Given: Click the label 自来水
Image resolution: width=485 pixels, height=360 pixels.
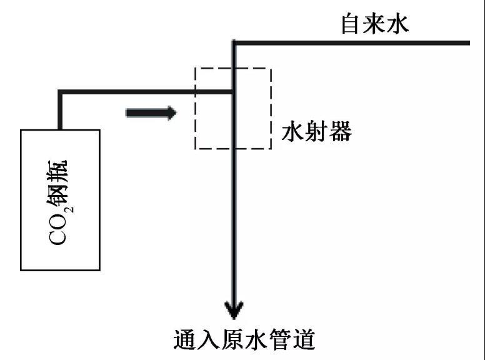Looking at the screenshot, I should (x=374, y=23).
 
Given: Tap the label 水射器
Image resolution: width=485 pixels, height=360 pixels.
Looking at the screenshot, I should (x=316, y=132).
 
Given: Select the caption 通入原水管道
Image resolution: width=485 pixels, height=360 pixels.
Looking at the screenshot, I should (x=244, y=341).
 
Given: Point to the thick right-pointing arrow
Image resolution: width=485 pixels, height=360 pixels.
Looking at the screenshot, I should (x=151, y=113).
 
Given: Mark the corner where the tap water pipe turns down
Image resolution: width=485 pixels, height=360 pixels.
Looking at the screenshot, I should (x=234, y=43).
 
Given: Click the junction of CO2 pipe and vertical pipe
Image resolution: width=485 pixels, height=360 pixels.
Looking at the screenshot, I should (x=233, y=92).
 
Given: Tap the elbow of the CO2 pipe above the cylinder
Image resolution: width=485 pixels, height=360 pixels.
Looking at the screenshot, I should (x=59, y=92).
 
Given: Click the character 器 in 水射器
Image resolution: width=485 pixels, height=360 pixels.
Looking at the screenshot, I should (x=341, y=132).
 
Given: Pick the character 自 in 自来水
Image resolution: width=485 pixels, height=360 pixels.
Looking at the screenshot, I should (x=349, y=23).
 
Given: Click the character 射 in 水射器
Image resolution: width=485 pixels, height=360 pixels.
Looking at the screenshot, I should (x=316, y=132).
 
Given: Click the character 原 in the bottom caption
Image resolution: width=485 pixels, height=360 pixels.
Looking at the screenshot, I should (x=232, y=341).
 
